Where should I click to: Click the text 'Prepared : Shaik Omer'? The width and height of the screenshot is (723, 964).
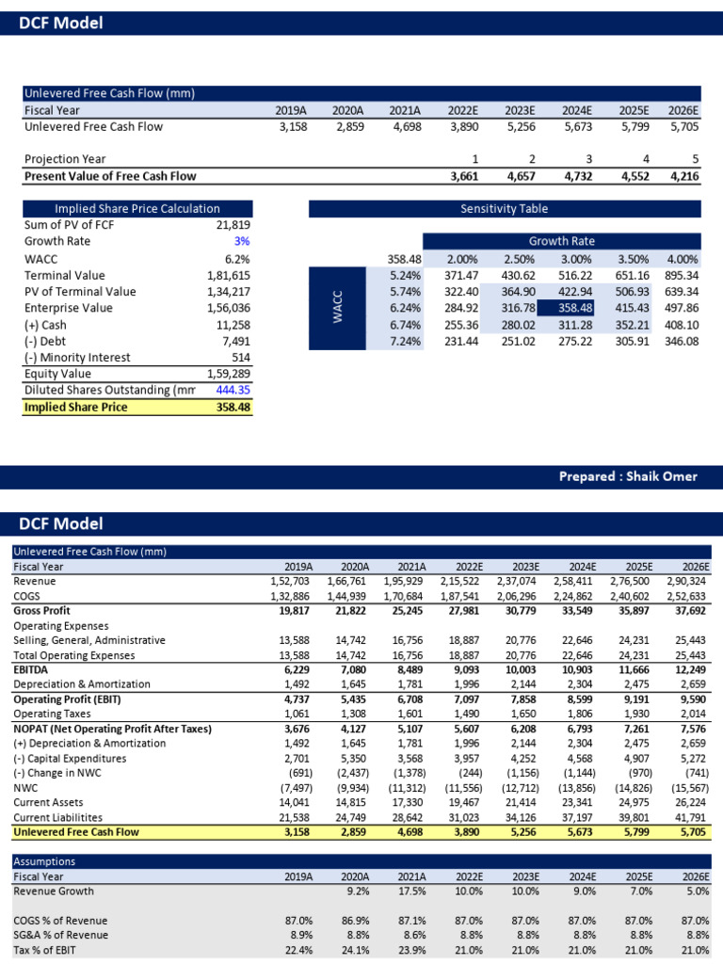[x=628, y=476]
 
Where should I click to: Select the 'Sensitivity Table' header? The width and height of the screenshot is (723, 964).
[x=504, y=209]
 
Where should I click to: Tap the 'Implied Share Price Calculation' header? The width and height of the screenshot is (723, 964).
[x=137, y=209]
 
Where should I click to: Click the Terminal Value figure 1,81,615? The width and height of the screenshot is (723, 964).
[x=228, y=276]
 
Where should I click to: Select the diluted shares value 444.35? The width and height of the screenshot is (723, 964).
[x=231, y=391]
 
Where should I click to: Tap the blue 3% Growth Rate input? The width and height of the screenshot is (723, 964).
[x=242, y=242]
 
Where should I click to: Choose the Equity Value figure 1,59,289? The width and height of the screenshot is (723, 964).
[x=228, y=374]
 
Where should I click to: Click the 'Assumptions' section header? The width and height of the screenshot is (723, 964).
[x=44, y=861]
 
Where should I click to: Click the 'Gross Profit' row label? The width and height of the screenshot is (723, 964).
[x=41, y=611]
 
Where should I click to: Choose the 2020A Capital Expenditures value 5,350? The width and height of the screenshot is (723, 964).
[x=353, y=758]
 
